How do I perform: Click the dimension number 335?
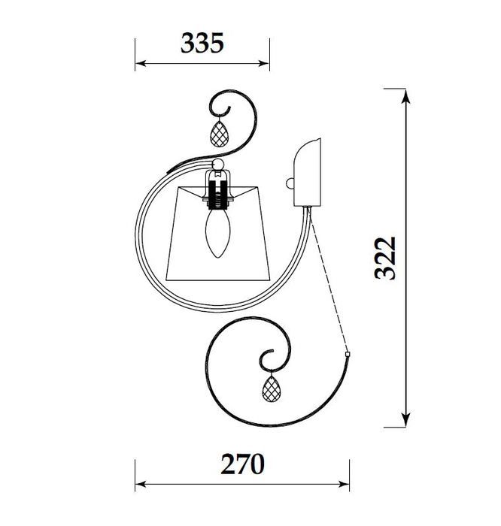202,43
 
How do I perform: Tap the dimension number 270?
242,464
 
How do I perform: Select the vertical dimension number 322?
385,258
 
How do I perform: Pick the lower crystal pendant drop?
272,388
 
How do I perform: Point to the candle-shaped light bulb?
218,233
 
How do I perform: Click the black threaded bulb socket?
218,195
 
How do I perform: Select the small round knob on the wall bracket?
290,184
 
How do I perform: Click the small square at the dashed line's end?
348,354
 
